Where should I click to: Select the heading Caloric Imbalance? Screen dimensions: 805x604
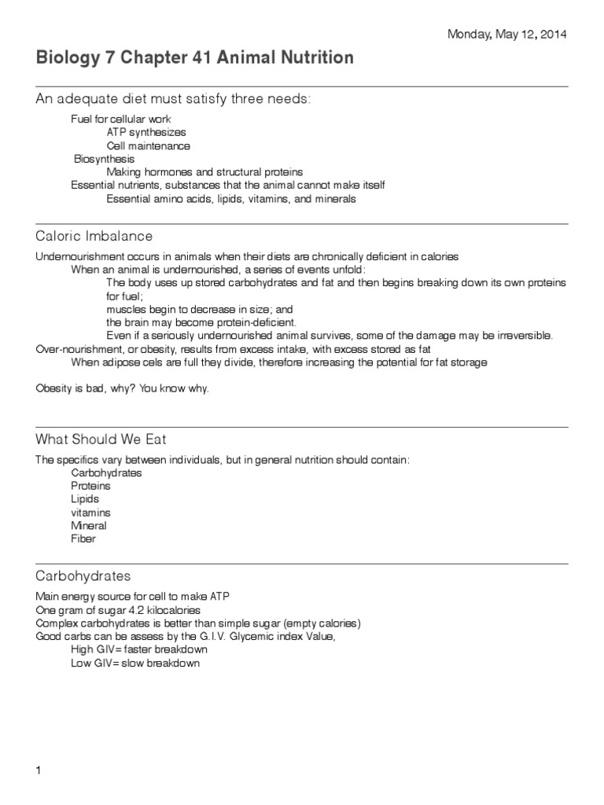94,236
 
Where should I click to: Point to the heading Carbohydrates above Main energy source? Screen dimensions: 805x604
83,575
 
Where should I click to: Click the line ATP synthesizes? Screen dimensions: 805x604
146,132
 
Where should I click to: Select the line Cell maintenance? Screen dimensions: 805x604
148,145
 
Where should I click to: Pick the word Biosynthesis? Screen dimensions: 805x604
104,159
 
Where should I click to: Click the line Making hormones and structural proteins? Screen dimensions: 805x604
204,172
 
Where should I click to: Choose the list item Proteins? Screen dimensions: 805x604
90,486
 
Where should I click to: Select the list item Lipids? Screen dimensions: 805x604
85,499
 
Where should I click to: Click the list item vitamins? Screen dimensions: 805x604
90,513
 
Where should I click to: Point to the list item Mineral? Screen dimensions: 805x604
88,526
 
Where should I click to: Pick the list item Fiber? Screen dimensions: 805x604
83,539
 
